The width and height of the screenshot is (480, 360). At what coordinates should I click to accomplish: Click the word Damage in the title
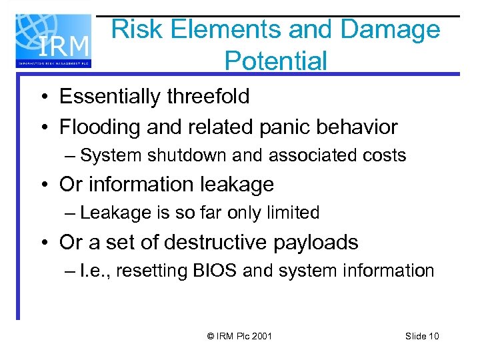click(x=390, y=29)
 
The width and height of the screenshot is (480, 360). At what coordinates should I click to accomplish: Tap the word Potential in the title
click(x=276, y=61)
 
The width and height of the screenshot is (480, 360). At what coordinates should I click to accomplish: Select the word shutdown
click(x=176, y=156)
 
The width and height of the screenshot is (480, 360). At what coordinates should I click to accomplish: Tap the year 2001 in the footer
click(x=261, y=336)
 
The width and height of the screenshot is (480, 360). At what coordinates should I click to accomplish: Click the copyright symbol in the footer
click(x=211, y=336)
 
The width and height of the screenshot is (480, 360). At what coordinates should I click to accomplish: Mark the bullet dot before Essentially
click(x=42, y=97)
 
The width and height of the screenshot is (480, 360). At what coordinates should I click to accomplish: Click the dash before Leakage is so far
click(x=71, y=213)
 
